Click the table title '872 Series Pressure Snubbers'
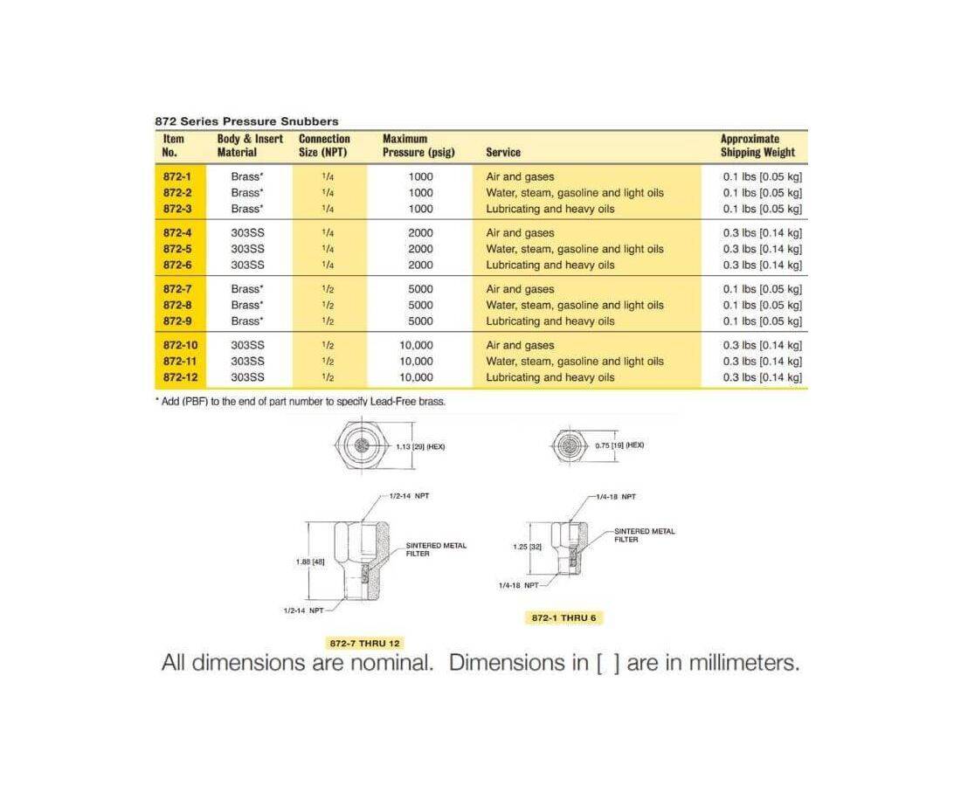(x=246, y=121)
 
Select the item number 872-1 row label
(x=176, y=176)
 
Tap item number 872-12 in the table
(x=180, y=377)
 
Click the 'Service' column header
(x=503, y=152)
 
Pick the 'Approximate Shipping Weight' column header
(x=757, y=145)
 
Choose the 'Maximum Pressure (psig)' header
(x=418, y=145)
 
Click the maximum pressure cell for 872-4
(x=420, y=233)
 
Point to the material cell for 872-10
(x=247, y=345)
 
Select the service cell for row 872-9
(x=550, y=321)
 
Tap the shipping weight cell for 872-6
(x=762, y=265)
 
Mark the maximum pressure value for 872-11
(x=416, y=362)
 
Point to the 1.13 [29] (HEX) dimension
(x=421, y=446)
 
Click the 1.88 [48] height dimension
(x=310, y=562)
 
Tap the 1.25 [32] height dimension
(x=528, y=546)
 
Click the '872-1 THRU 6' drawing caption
(x=566, y=617)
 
